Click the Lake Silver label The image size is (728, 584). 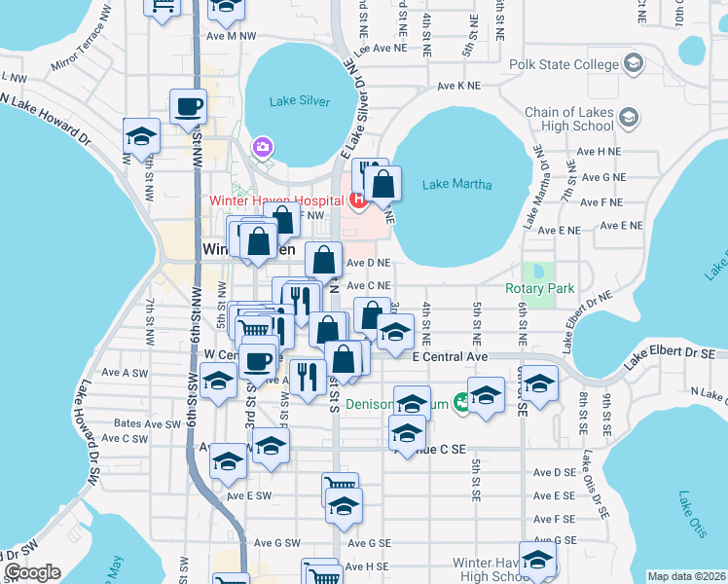click(x=301, y=101)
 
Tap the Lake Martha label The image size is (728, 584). click(x=457, y=184)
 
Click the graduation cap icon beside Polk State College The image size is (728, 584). click(x=634, y=65)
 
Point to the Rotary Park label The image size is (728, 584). click(x=540, y=288)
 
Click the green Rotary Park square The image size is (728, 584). click(x=534, y=271)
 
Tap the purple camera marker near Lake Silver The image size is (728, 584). click(x=261, y=147)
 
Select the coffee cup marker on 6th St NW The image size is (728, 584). click(x=188, y=106)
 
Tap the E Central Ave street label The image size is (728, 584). click(x=449, y=357)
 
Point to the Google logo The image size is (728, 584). click(x=32, y=572)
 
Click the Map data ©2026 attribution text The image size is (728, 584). click(x=686, y=576)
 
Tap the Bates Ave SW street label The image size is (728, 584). click(x=147, y=423)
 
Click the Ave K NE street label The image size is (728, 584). click(x=458, y=86)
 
